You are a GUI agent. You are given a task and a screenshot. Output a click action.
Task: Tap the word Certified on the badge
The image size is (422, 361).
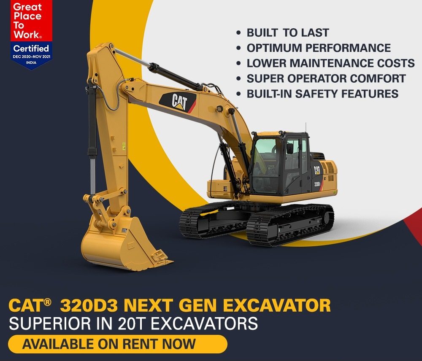pos(31,48)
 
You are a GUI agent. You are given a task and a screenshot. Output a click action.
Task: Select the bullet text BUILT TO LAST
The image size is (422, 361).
pos(288,33)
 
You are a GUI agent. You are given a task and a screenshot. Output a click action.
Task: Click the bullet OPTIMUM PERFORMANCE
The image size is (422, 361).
pos(319,48)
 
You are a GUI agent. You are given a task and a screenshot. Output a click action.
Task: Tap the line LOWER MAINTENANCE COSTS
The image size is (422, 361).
pos(331,63)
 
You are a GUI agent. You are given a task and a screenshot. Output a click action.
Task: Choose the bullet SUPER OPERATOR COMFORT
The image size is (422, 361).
pos(326,78)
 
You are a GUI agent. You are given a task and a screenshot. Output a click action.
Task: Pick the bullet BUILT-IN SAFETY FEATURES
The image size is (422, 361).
pos(322,94)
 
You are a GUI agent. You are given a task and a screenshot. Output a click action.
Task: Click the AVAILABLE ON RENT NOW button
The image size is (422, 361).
pos(118,344)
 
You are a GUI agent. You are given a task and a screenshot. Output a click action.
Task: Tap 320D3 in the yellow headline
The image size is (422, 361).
pos(89,306)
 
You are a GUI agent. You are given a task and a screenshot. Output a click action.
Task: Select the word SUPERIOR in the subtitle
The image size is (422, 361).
pos(50,323)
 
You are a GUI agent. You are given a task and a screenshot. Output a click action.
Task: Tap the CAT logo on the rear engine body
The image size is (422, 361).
pos(317,170)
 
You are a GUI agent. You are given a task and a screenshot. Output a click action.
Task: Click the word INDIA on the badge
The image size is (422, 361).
pos(31,63)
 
